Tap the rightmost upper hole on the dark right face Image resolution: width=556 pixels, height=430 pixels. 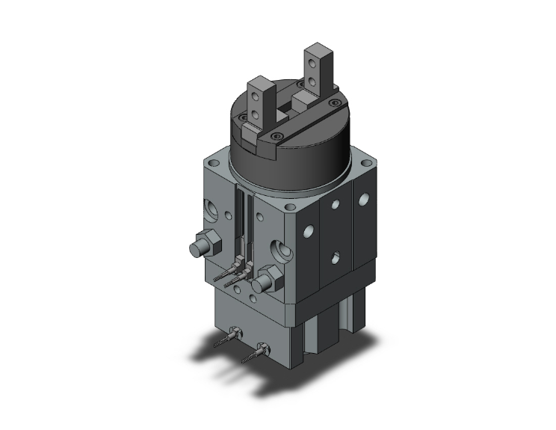tap(364, 200)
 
